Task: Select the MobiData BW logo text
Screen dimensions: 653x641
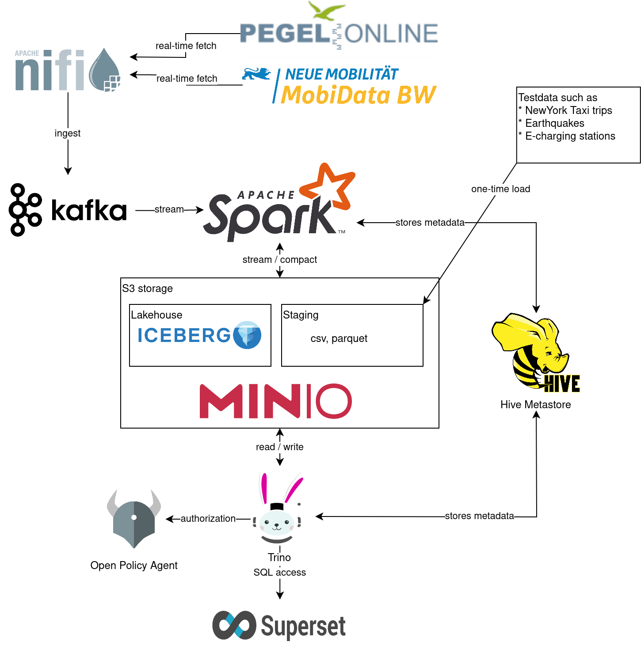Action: point(358,95)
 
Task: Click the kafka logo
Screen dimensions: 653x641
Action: point(68,210)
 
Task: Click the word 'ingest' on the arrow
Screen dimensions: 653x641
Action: point(68,133)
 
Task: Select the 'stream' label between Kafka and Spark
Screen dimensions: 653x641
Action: point(169,209)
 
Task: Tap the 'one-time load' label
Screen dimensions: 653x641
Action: point(500,189)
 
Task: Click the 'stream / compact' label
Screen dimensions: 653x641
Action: point(279,260)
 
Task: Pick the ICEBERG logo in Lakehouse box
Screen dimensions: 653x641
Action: point(199,335)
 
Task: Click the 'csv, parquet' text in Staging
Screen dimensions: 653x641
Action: point(339,338)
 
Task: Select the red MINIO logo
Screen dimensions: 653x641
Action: point(275,401)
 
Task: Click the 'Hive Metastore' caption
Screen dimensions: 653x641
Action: point(535,405)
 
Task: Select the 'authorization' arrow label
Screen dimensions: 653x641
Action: point(208,519)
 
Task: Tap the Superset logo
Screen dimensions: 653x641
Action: point(279,626)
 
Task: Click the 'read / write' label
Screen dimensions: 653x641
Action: point(279,447)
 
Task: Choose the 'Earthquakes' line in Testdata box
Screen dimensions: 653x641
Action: point(554,123)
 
